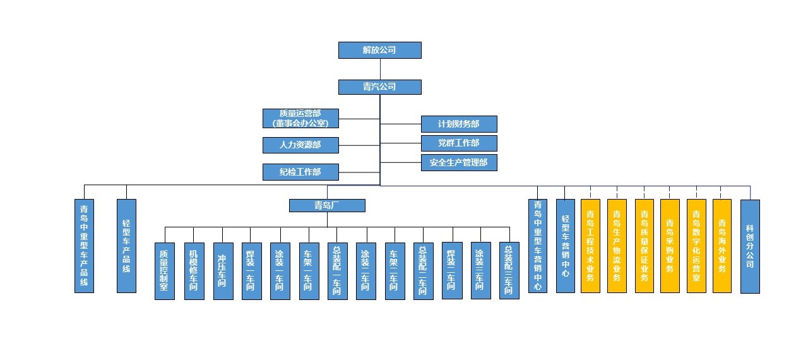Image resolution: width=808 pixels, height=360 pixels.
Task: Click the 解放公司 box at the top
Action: point(379,50)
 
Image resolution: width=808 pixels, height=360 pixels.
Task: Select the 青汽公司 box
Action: point(379,87)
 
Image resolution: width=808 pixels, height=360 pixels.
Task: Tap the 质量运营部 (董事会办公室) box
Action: point(300,118)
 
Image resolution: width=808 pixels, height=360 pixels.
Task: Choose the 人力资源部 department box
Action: point(300,145)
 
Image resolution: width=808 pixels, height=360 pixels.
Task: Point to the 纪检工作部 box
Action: point(300,172)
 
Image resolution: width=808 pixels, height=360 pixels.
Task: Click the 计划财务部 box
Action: point(459,124)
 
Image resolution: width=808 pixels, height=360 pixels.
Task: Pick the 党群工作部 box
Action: point(459,143)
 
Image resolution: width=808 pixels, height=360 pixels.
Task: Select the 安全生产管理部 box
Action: point(459,162)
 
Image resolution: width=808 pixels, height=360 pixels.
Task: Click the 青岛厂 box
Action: point(327,205)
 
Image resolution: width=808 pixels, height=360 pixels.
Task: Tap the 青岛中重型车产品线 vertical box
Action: point(84,246)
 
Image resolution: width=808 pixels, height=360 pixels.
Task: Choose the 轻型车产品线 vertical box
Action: point(126,246)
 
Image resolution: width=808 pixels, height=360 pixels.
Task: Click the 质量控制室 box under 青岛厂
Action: point(165,271)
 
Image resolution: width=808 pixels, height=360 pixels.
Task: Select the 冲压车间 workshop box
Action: point(222,271)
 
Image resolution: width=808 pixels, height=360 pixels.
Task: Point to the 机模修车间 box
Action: point(194,271)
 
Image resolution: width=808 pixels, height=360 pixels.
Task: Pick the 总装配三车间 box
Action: point(509,271)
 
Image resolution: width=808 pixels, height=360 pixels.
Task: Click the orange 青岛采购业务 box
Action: point(670,246)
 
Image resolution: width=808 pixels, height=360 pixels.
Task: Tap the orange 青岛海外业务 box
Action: point(722,246)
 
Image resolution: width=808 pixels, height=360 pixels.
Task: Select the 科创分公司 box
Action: point(750,246)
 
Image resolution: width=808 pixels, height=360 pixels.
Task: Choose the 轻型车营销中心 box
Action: point(566,246)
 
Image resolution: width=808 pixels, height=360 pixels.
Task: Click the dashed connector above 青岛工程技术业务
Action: point(590,192)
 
